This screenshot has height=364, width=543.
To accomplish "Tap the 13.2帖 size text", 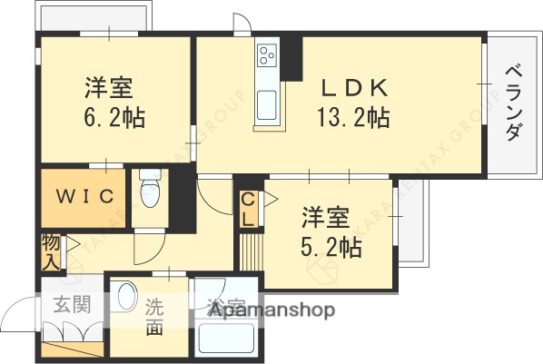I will coord(355,117).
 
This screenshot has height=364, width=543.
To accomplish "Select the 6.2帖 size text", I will coord(112,117).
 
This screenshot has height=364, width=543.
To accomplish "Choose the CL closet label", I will coord(247,211).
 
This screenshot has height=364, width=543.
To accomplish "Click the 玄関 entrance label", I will coord(72,305).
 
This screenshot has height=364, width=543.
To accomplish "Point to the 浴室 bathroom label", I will coord(226,307).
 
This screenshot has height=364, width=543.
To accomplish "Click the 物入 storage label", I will coord(50,252).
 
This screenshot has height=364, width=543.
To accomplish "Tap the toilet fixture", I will coord(151,192).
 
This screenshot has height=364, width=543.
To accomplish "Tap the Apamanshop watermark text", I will coord(271,310).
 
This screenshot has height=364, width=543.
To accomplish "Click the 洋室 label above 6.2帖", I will coord(110,89).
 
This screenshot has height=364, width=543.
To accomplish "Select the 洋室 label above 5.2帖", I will coord(326,218).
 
